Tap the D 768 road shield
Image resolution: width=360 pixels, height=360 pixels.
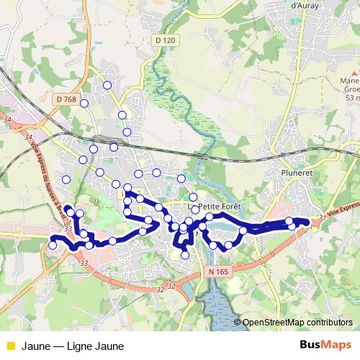pyautogui.click(x=66, y=99)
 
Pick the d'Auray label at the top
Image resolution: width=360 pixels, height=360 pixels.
pyautogui.click(x=306, y=5)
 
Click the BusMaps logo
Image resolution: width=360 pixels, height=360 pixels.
pyautogui.click(x=327, y=346)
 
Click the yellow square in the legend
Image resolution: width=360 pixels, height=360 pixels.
pyautogui.click(x=9, y=346)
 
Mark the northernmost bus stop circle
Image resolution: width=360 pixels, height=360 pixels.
pyautogui.click(x=107, y=85)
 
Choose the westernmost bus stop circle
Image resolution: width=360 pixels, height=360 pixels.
pyautogui.click(x=53, y=246)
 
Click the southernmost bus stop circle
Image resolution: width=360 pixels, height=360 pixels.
pyautogui.click(x=185, y=255)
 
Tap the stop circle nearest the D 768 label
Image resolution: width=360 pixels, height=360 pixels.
pyautogui.click(x=84, y=103)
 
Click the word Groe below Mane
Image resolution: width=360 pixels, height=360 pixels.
pyautogui.click(x=352, y=89)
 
